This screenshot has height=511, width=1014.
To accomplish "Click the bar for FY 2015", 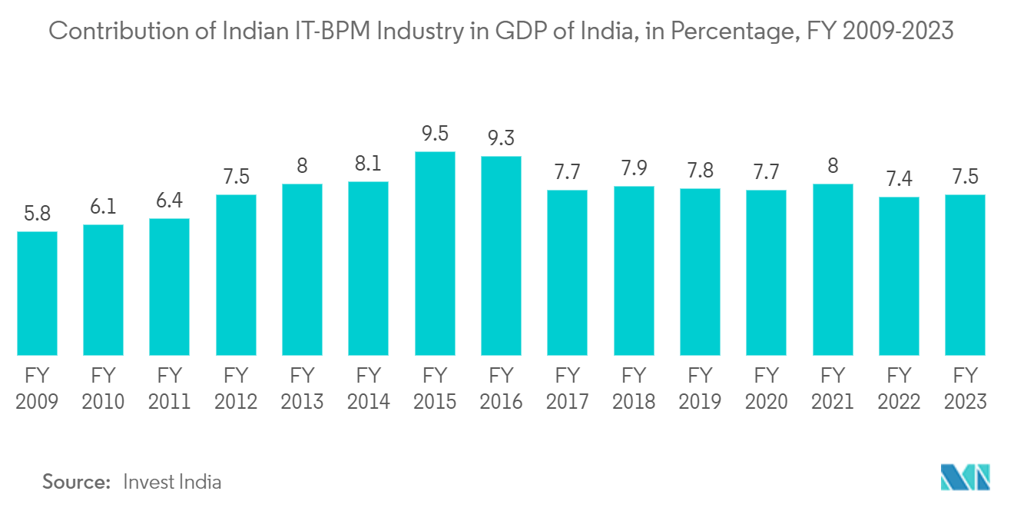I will click(435, 254).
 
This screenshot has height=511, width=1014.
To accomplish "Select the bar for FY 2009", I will click(37, 294).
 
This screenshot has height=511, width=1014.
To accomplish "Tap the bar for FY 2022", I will click(899, 277).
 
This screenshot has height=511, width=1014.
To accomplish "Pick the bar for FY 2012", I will click(236, 275).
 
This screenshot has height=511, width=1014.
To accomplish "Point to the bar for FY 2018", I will click(634, 270).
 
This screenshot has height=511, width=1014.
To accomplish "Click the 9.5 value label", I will click(435, 134).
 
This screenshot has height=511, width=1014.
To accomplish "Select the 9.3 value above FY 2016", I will click(501, 138).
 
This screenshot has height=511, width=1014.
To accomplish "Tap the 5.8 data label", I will click(37, 214).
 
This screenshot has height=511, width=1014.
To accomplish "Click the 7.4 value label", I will click(899, 179).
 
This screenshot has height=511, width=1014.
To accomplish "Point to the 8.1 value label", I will click(369, 164).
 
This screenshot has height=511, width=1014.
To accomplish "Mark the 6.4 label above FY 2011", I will click(170, 201).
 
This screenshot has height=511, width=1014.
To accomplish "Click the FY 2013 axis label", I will click(302, 388).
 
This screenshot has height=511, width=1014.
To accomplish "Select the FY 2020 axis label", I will click(766, 388).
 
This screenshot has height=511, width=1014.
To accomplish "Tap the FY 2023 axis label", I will click(965, 388).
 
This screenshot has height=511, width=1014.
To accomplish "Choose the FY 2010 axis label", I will click(103, 388).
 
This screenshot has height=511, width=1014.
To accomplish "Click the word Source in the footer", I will click(76, 482).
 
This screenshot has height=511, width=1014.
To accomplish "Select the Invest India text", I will click(172, 482).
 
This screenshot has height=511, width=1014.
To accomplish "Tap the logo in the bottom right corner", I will click(966, 477).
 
